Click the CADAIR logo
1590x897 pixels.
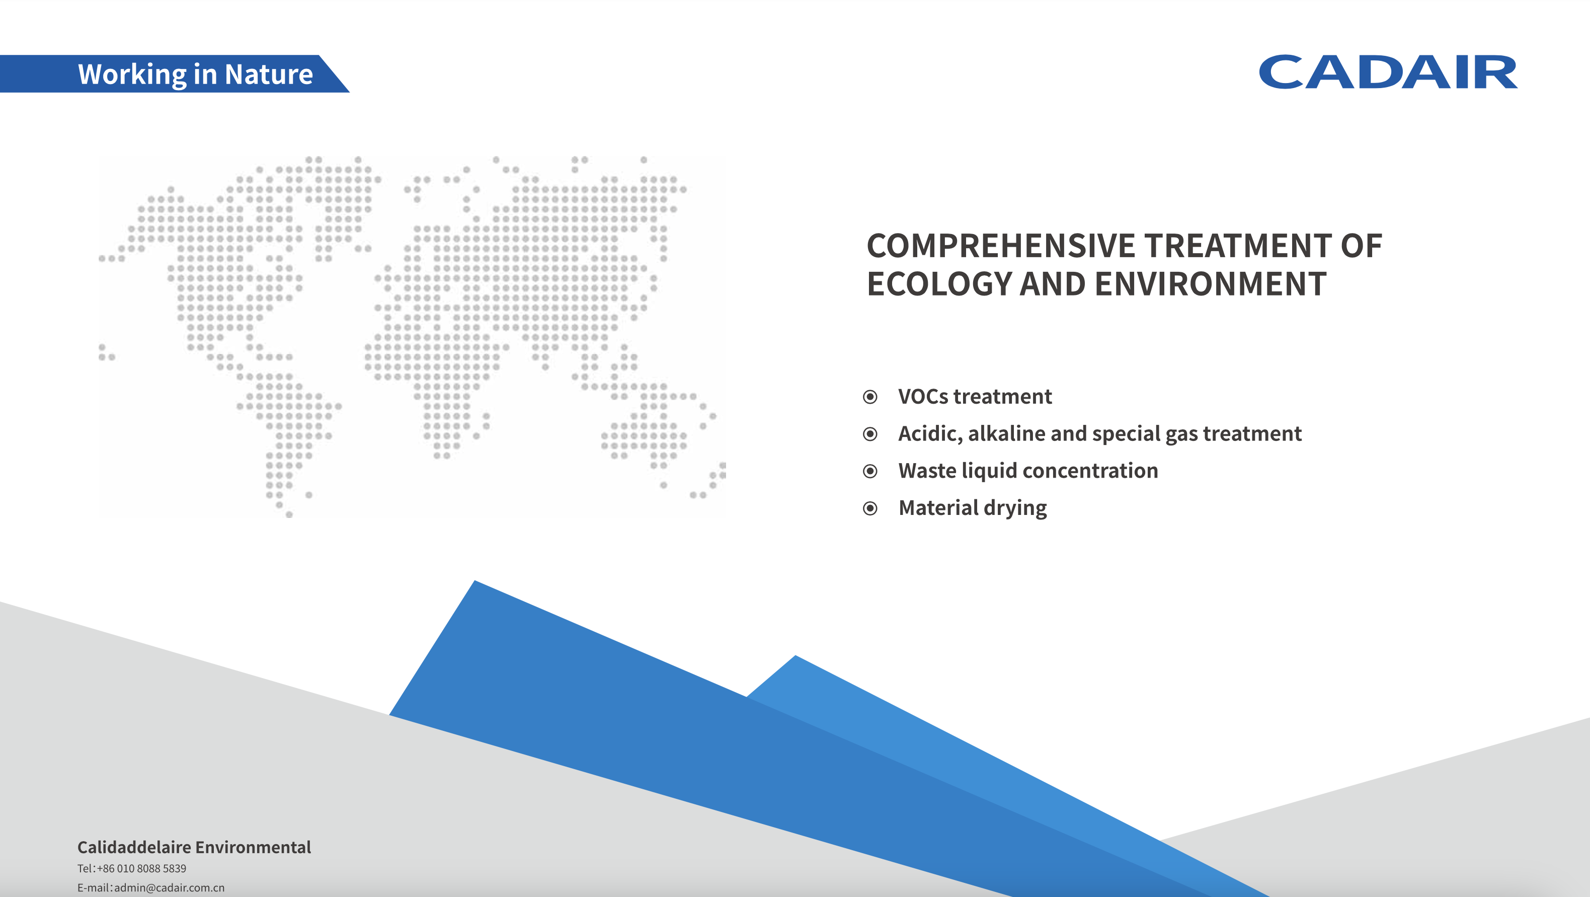[x=1388, y=72]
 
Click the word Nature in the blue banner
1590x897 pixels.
[x=269, y=74]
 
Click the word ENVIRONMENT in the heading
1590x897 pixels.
[x=1211, y=284]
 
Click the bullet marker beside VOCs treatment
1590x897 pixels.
[x=870, y=397]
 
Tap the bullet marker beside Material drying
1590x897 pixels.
[x=870, y=508]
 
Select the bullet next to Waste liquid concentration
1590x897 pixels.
[x=870, y=471]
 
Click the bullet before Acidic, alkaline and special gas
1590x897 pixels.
[x=870, y=434]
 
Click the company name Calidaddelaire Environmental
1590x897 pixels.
[x=194, y=847]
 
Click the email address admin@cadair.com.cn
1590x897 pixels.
[x=169, y=888]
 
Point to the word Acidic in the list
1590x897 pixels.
[x=930, y=434]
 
